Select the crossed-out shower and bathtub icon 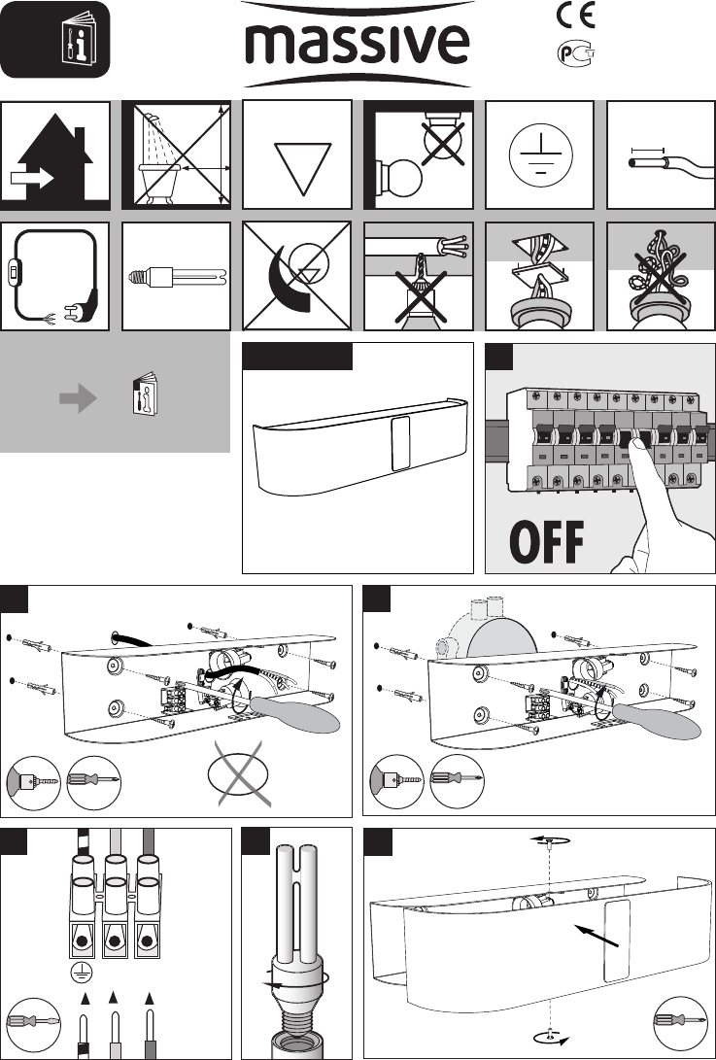click(x=178, y=154)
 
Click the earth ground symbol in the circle click(x=538, y=154)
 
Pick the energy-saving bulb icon click(x=177, y=275)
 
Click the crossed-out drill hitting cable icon click(x=418, y=276)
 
